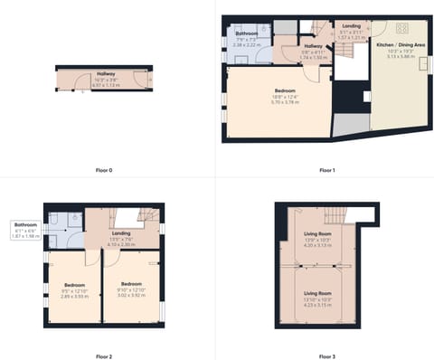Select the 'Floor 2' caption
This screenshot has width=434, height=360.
click(x=104, y=356)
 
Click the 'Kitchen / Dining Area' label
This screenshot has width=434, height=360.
click(x=397, y=43)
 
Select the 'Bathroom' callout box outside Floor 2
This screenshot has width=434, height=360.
click(x=25, y=230)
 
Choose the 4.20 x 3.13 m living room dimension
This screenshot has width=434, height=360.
click(x=317, y=244)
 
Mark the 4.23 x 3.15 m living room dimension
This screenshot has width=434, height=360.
click(x=317, y=306)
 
